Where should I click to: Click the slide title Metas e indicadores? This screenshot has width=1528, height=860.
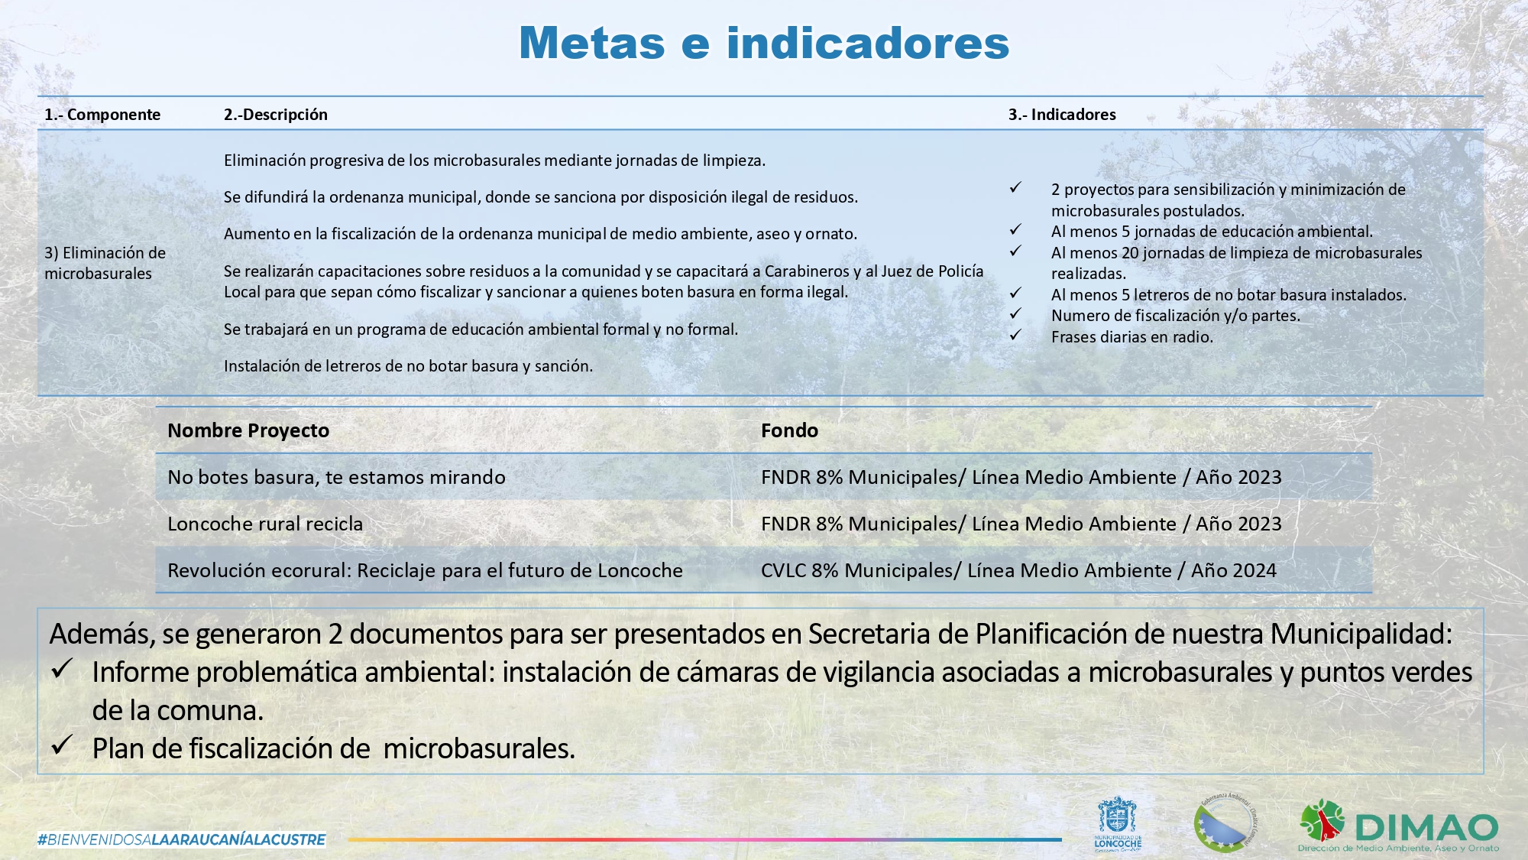(x=764, y=43)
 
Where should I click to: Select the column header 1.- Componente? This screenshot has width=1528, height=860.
(x=102, y=115)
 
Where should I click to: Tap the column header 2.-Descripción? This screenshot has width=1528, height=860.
(x=275, y=115)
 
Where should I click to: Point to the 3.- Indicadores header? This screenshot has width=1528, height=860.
(x=1062, y=115)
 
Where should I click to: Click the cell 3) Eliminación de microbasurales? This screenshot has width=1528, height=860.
(x=105, y=263)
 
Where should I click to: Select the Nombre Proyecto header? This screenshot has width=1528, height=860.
(x=248, y=430)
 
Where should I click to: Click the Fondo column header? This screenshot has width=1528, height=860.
(x=789, y=430)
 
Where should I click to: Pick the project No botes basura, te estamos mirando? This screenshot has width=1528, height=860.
(x=336, y=477)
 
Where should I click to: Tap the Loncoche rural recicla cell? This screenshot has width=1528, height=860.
(x=265, y=524)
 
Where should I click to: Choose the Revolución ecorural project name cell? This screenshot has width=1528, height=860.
(x=425, y=570)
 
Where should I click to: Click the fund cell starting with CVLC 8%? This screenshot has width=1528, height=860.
(x=1018, y=570)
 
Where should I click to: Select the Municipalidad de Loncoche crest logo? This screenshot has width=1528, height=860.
(x=1117, y=823)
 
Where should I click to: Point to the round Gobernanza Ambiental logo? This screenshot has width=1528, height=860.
(x=1225, y=823)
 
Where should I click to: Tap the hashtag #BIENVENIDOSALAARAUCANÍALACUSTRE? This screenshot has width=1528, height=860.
(x=182, y=839)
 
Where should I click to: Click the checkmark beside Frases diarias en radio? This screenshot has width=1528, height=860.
(x=1015, y=336)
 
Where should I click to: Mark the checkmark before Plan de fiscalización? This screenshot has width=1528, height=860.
(x=63, y=745)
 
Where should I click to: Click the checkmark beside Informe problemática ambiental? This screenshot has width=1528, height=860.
(x=63, y=670)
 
